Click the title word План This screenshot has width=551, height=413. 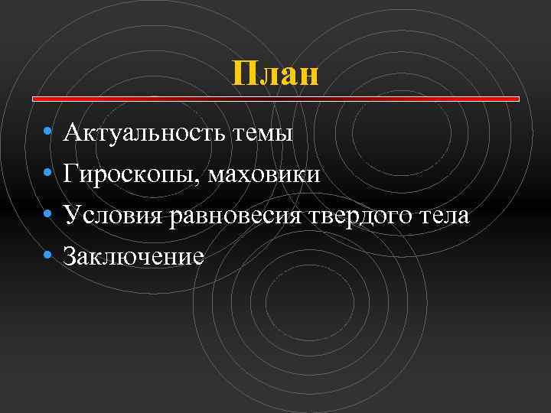(x=275, y=74)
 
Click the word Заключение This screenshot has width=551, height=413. (x=134, y=256)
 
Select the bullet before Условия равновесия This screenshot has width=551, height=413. (x=48, y=216)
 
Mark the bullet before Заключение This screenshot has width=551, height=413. (x=48, y=256)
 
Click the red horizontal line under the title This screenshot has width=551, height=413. (x=275, y=99)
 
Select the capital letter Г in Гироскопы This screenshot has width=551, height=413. (x=72, y=175)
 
